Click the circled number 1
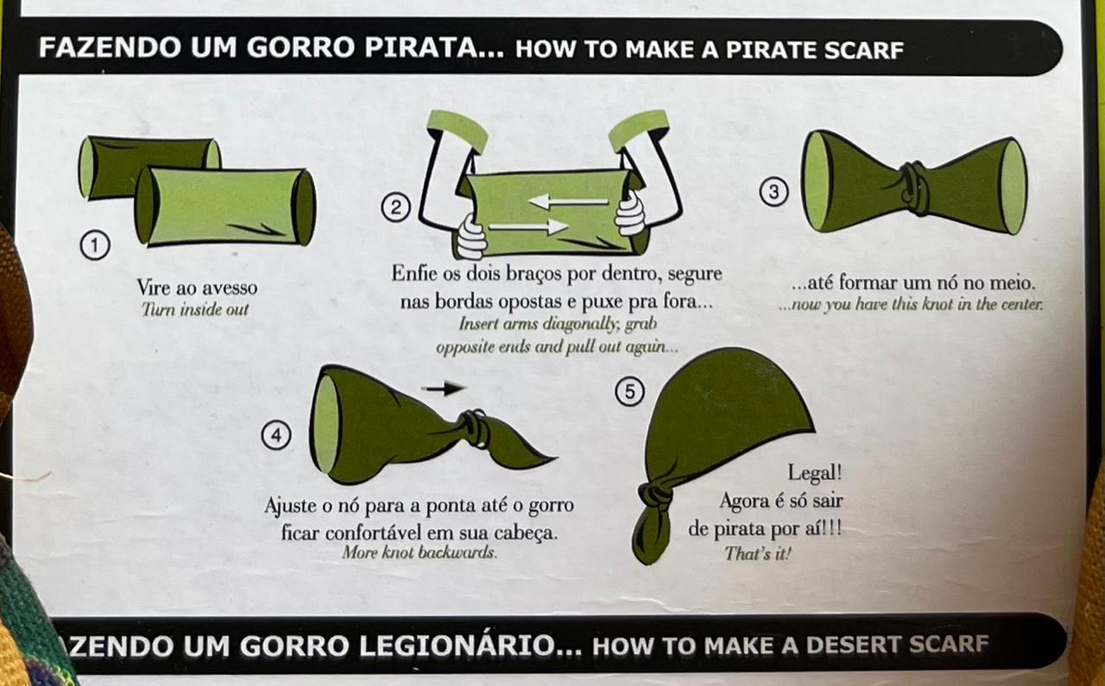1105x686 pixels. [95, 244]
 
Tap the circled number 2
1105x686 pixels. [395, 208]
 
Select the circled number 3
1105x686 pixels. [773, 192]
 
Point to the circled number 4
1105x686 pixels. [276, 435]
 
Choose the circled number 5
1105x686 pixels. [630, 391]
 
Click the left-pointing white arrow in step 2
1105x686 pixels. [568, 201]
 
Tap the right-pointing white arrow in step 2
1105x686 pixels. [528, 227]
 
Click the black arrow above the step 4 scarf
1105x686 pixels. [444, 388]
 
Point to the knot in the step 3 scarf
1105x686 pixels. [913, 189]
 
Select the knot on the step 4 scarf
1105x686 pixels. [476, 429]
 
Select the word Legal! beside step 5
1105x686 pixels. [814, 473]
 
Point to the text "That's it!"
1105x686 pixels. [758, 553]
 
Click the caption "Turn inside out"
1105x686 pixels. [195, 310]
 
